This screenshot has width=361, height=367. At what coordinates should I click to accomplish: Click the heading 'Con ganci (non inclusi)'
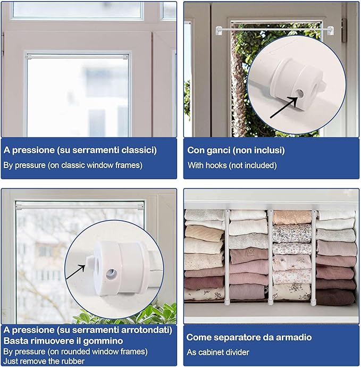click(236, 151)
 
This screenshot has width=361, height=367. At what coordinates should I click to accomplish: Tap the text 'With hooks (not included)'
click(232, 165)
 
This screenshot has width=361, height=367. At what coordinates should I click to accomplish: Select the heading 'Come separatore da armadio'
click(249, 337)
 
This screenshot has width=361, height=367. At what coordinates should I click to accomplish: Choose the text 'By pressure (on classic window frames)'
click(73, 165)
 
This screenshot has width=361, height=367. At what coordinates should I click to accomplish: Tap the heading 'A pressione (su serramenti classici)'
click(80, 151)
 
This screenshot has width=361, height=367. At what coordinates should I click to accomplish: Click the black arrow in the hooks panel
click(282, 106)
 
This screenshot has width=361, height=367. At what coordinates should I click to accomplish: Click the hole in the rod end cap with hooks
click(300, 94)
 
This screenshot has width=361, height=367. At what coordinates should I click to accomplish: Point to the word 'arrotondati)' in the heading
click(147, 330)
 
